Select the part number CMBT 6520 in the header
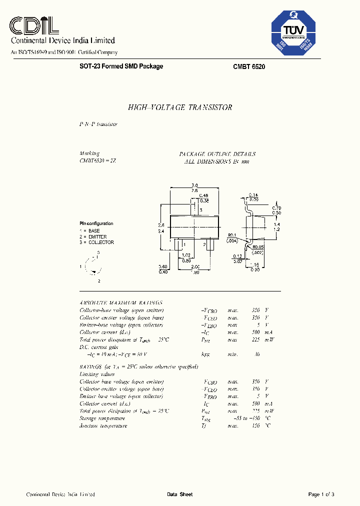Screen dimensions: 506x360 249,66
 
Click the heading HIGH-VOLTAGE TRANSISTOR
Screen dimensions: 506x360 180,107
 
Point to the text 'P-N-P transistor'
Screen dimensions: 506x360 98,124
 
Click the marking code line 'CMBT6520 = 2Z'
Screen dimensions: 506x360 98,161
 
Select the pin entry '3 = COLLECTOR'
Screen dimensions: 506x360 96,242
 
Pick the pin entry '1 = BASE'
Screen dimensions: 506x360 90,230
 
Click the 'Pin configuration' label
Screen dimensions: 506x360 96,223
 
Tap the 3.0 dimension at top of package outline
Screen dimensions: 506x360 194,185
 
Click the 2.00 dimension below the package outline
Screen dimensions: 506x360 194,266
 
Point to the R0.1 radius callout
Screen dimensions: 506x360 231,234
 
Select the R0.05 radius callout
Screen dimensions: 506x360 258,246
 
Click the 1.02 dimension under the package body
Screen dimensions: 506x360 186,255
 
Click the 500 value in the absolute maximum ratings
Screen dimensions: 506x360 256,331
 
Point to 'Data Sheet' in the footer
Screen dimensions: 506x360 179,494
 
